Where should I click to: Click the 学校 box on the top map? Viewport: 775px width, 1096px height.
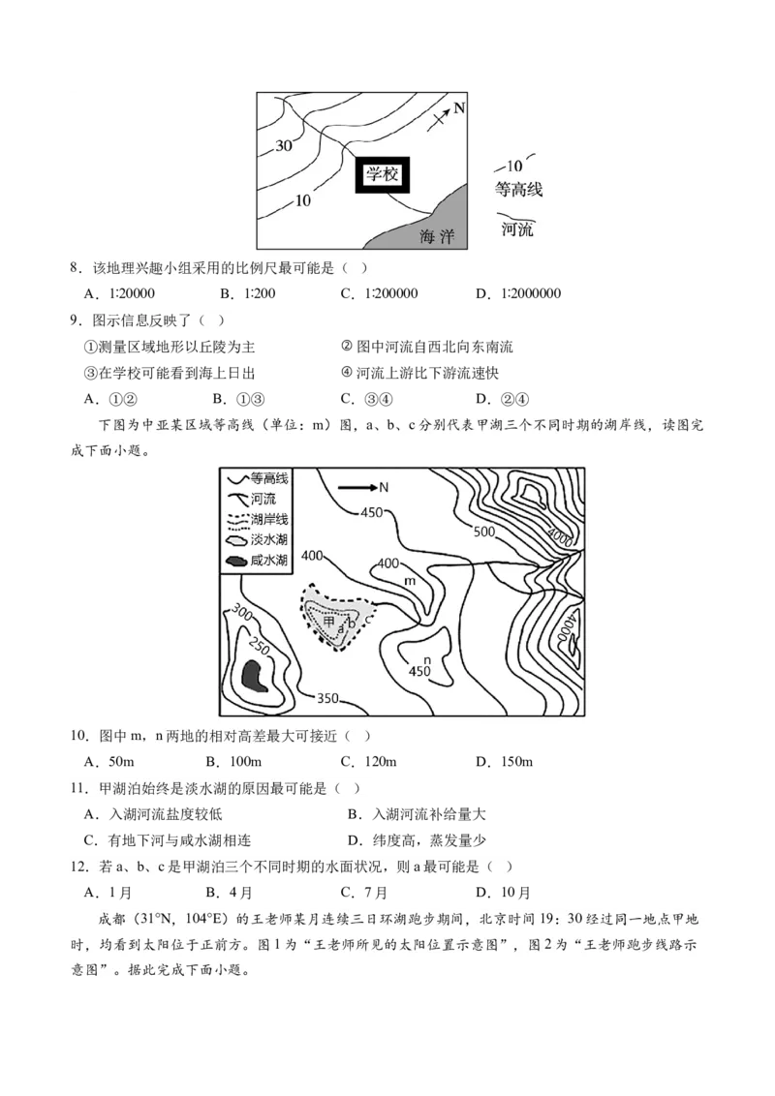point(383,175)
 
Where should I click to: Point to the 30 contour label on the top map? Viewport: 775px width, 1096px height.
point(284,146)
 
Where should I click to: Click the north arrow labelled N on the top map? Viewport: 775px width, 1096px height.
point(446,113)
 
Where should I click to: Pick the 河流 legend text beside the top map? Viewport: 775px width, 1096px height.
point(517,229)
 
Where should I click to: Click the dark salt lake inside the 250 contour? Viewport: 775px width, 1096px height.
point(256,674)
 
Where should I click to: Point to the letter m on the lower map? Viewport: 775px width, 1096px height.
point(409,580)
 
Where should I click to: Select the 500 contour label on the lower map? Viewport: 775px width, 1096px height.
point(484,531)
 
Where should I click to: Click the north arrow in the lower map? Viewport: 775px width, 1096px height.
point(362,487)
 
